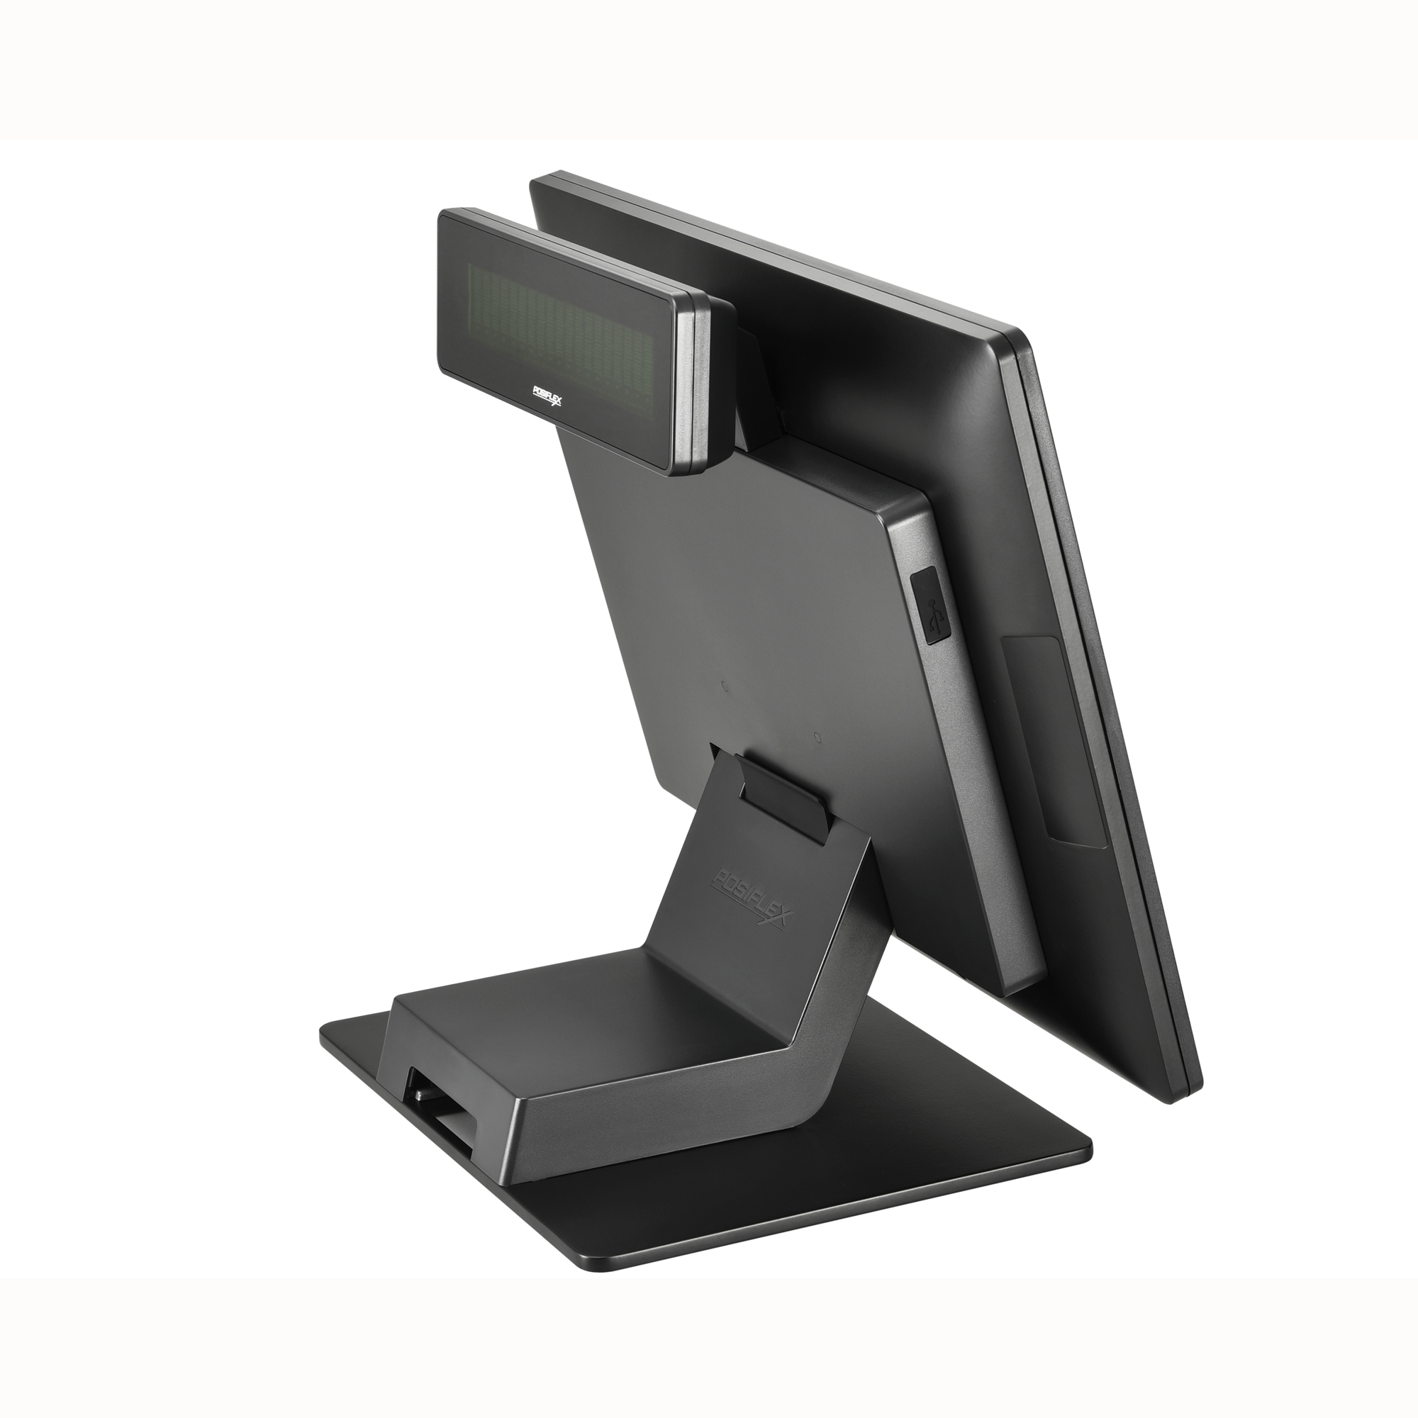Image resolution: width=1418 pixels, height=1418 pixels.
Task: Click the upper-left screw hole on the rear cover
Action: pos(725,687)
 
